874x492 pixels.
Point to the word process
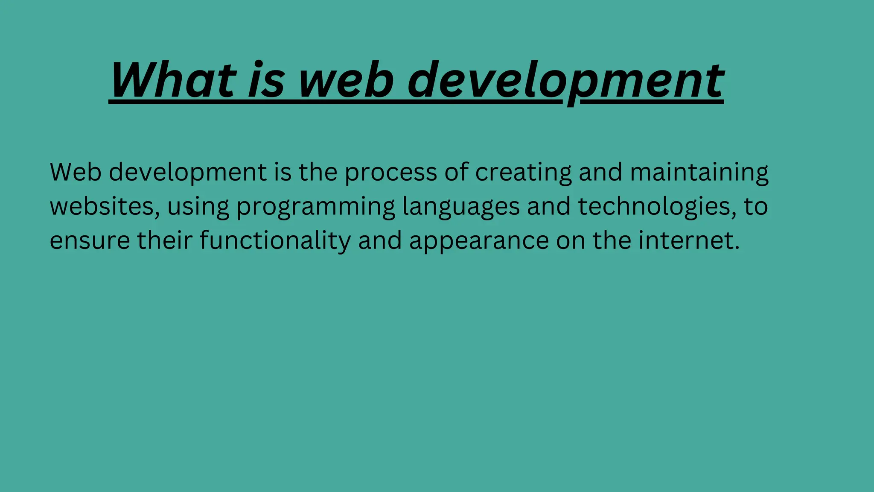coord(390,173)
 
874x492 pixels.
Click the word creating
coord(523,173)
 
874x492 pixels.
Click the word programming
coord(316,208)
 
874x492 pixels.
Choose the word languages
coord(461,208)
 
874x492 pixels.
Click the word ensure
coord(90,241)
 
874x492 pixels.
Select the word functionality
coord(275,241)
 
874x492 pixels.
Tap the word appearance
coord(479,242)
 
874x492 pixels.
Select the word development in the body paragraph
coord(188,173)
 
